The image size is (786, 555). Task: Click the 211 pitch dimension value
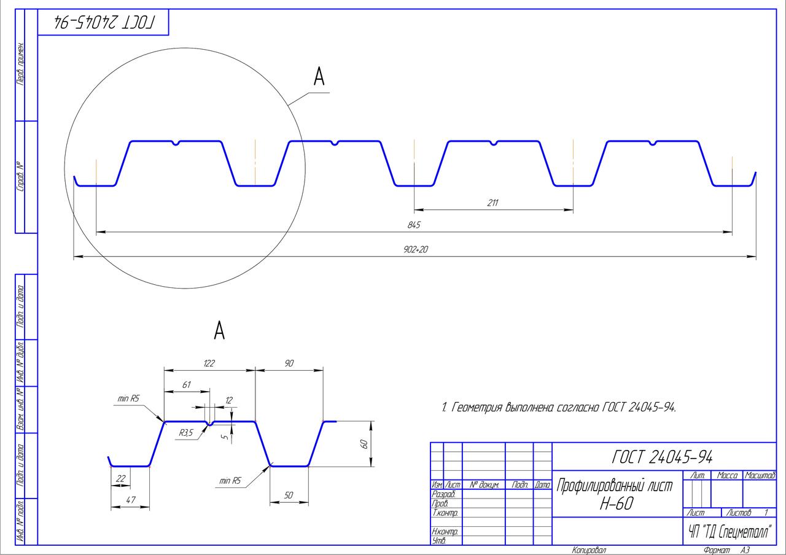[492, 203]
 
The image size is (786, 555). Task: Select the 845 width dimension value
[414, 225]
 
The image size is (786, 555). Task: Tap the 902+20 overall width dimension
[416, 249]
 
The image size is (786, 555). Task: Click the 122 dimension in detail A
[209, 363]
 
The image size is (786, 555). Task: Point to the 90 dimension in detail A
[289, 363]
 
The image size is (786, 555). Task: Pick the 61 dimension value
[186, 385]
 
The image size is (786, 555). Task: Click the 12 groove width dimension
[229, 400]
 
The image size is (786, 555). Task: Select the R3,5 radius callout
[186, 433]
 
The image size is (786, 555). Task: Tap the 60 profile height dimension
[364, 444]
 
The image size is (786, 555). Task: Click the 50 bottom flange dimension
[289, 495]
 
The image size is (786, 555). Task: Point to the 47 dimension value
[131, 500]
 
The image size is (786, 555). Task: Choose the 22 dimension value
[121, 478]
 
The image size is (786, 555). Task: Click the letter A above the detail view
[219, 330]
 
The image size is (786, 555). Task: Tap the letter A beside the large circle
[319, 76]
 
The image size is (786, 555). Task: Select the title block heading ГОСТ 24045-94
[662, 457]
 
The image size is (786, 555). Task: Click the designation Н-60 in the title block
[617, 504]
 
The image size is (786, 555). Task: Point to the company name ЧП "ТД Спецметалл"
[731, 532]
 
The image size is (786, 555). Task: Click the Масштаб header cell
[760, 475]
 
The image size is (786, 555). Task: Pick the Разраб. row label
[443, 494]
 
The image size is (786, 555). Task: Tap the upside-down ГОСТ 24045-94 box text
[104, 22]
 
